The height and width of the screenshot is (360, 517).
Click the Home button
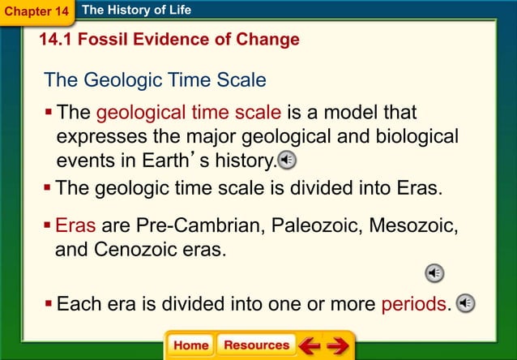190,345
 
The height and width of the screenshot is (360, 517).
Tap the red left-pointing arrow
310,346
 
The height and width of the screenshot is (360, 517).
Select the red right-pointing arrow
338,346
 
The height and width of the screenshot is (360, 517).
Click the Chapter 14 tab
36,11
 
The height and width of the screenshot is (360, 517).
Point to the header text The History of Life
137,11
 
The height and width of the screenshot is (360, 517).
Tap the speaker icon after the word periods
465,304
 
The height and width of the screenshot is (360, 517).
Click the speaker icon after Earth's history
287,159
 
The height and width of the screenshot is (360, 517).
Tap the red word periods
413,305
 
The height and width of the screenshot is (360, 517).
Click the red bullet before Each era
49,304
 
